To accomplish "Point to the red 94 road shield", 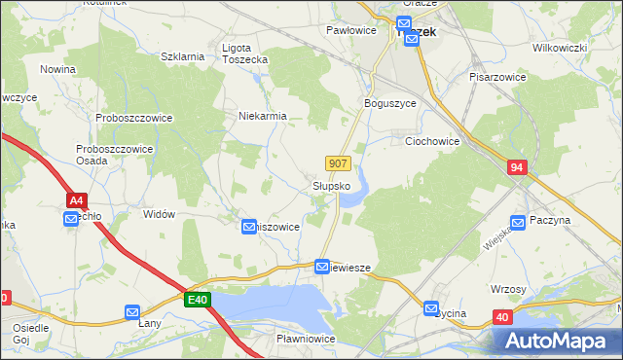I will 517,168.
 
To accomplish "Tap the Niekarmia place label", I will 263,116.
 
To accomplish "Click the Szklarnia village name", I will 182,56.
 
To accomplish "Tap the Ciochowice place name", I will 431,141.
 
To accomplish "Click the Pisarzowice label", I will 497,76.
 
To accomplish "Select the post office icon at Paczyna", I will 519,222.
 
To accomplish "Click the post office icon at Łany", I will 132,311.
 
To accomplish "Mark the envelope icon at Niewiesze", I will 322,266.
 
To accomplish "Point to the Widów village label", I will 158,214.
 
